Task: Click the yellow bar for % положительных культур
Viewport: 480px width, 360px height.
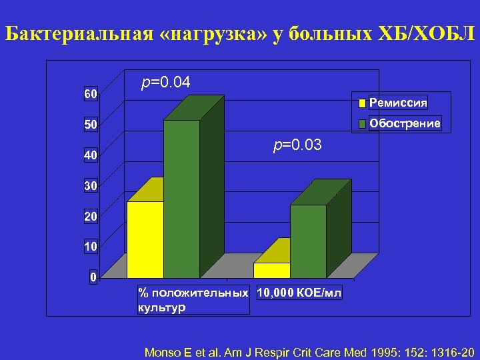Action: [145, 239]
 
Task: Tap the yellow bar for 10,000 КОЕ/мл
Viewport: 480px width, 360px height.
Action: [271, 270]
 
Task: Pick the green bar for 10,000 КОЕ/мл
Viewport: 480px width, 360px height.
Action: [308, 241]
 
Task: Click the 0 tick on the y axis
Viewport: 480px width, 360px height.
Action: [94, 277]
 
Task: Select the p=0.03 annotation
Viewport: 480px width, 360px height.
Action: [297, 145]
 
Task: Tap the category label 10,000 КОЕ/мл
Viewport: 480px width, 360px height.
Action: [299, 293]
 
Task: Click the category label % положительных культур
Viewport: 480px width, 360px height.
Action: [193, 300]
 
